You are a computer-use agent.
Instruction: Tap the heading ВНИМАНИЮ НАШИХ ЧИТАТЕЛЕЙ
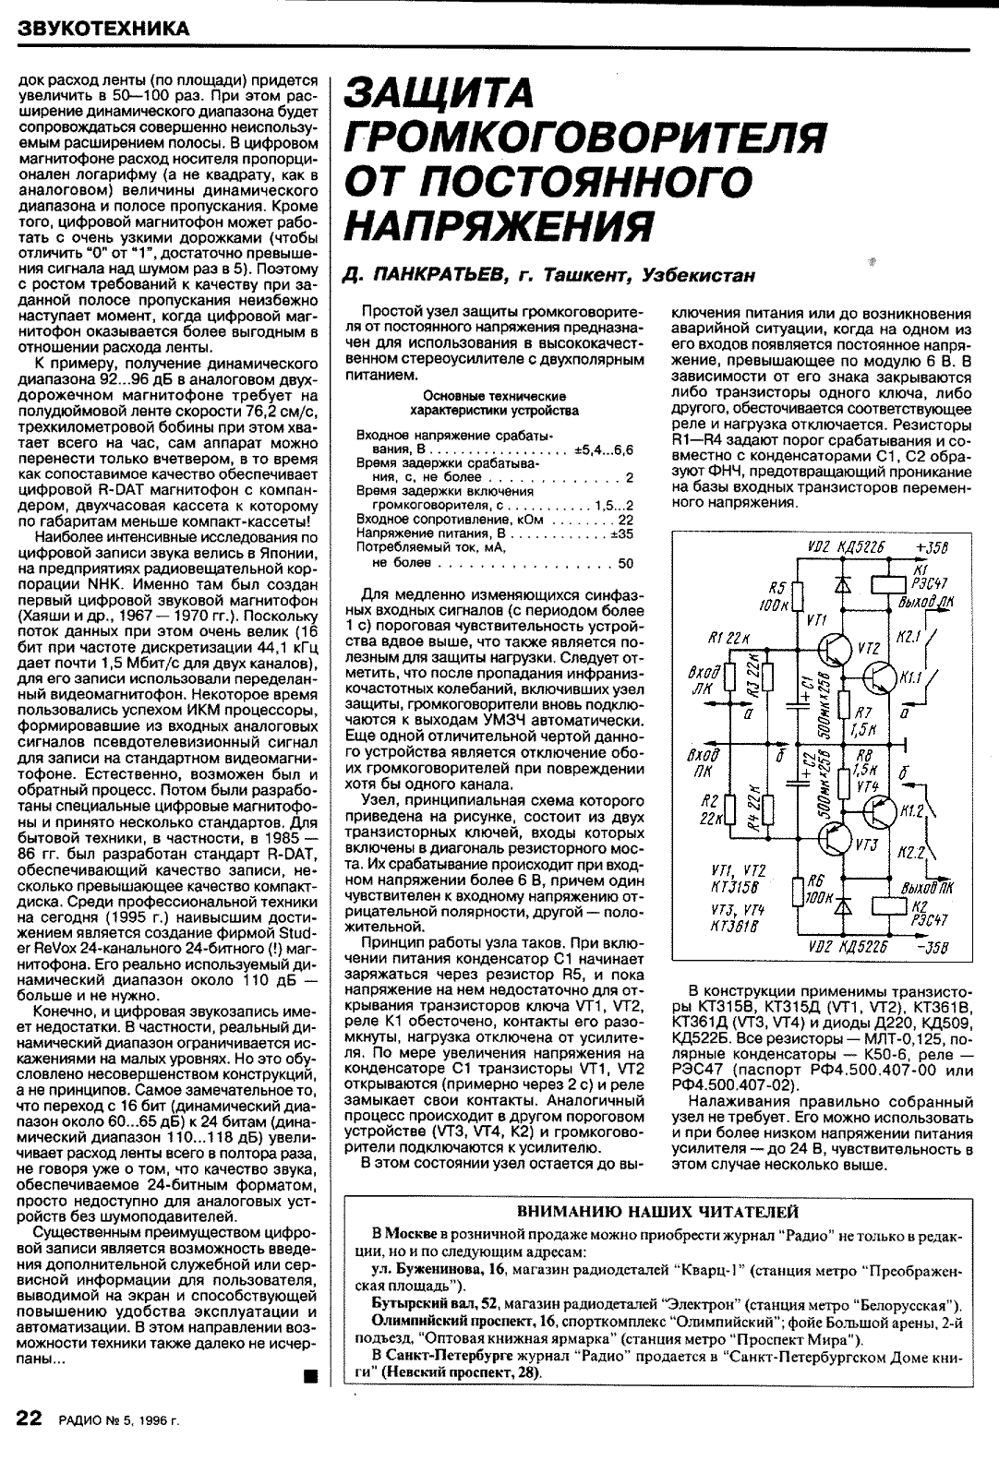point(657,1211)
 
